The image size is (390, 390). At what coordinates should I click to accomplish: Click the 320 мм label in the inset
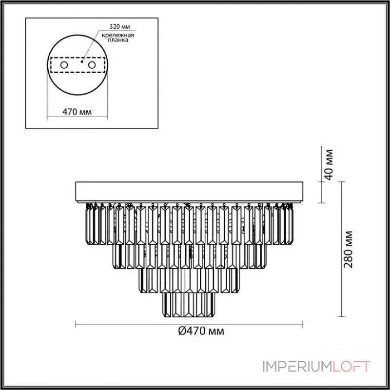click(119, 26)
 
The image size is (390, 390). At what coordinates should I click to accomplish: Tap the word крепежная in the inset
click(118, 35)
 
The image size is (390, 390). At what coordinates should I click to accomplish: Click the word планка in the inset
click(118, 40)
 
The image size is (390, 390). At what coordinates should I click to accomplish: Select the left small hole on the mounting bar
click(64, 65)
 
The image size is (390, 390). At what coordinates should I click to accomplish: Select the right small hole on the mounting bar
click(92, 65)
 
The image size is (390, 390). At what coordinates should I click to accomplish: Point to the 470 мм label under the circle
click(77, 112)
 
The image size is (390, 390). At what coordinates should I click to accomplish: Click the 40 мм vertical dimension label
click(329, 164)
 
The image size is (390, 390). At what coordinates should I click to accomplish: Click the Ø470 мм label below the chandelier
click(201, 331)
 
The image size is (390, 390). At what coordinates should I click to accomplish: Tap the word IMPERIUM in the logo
click(297, 367)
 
